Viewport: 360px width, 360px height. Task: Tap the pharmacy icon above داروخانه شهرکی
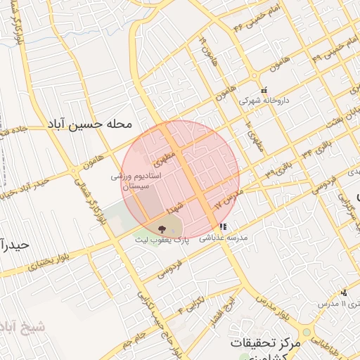pos(264,91)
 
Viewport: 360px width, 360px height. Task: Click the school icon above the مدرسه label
pos(222,227)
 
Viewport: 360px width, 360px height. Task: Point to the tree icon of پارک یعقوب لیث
pos(162,229)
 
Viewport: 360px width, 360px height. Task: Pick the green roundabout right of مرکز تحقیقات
pos(307,333)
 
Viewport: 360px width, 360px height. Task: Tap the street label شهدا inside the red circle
pos(174,208)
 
